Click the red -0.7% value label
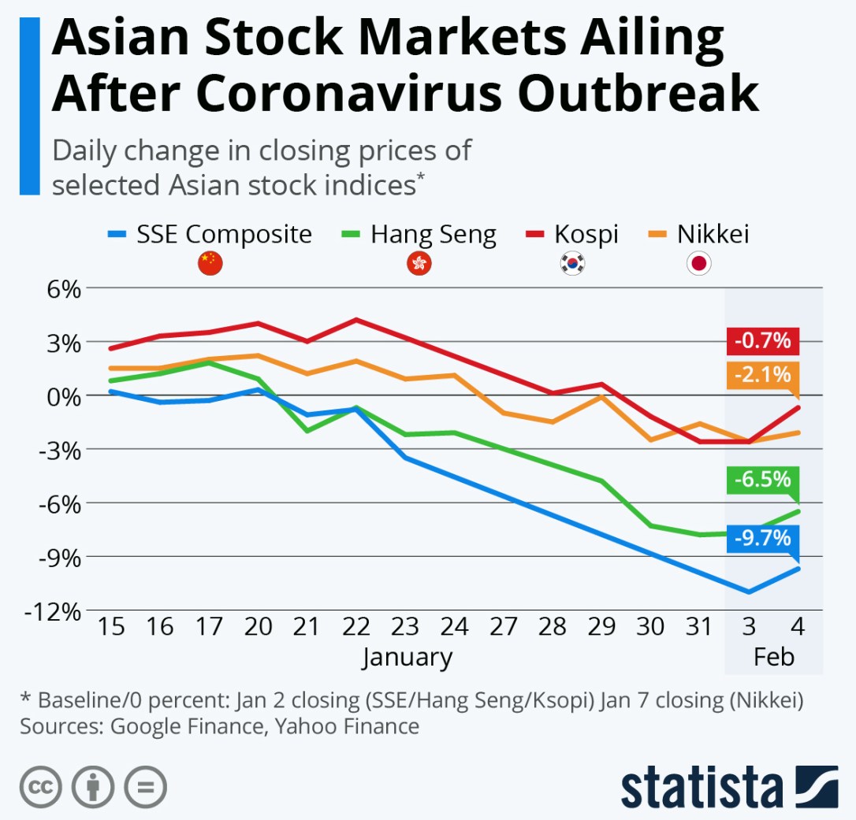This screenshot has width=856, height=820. tap(763, 341)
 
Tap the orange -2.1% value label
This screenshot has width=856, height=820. tap(763, 375)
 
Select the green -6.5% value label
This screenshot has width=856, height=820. tap(763, 480)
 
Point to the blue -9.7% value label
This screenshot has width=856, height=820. tap(763, 539)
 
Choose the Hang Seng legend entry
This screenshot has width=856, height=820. tap(419, 234)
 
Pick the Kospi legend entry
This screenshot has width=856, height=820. tap(572, 234)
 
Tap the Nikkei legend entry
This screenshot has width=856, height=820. tap(698, 234)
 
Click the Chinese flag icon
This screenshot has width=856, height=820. tap(210, 264)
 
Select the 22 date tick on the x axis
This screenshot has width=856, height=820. tap(355, 628)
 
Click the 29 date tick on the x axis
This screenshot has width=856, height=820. tap(601, 628)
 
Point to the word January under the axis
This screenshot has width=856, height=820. tap(408, 657)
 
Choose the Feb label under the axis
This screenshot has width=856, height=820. tap(773, 657)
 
